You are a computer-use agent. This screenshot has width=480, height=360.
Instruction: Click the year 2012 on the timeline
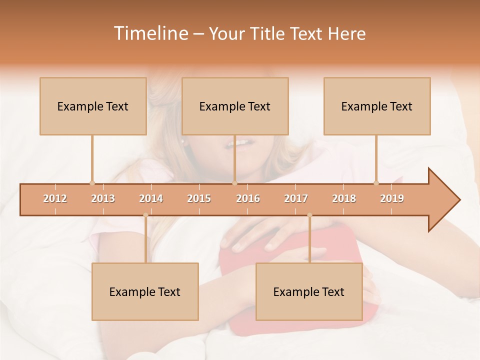pos(55,198)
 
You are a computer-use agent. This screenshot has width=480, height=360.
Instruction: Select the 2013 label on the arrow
pos(103,198)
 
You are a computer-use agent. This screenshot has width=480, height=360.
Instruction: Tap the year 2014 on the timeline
pos(151,198)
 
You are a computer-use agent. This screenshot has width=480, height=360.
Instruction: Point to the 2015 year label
pos(199,198)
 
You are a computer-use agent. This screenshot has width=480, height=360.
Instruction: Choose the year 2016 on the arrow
pos(248,198)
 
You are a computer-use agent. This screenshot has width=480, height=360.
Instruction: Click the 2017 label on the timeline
pos(296,198)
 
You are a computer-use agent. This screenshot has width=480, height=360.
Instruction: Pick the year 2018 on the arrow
pos(344,198)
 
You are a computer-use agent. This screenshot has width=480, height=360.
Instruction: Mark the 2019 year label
pos(392,198)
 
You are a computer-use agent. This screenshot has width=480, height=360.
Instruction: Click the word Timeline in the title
pos(150,33)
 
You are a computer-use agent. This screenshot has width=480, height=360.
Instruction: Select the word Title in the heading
pos(268,34)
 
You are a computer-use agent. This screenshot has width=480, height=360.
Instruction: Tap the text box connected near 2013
pos(93,106)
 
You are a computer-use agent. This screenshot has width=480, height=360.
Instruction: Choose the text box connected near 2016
pos(235,106)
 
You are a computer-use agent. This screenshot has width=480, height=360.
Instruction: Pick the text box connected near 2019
pos(377,106)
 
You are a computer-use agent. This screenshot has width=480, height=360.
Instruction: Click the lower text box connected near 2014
pos(145,291)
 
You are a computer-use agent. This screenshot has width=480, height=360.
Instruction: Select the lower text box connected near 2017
pos(309,291)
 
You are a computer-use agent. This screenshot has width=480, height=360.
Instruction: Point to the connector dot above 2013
pos(92,183)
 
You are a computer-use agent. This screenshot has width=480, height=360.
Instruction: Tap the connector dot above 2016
pos(234,183)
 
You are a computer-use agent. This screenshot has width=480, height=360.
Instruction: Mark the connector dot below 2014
pos(145,215)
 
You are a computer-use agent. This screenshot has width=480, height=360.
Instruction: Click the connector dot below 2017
pos(309,215)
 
